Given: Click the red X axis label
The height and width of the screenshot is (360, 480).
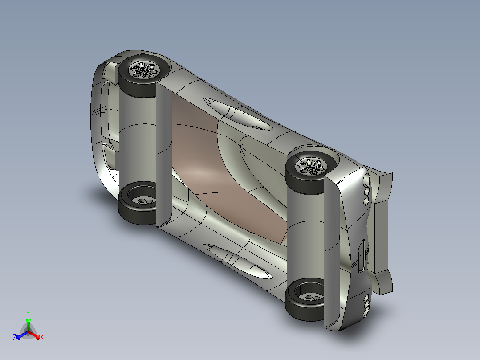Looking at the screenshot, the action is click(42, 337).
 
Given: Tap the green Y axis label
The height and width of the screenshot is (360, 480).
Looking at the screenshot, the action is click(28, 314).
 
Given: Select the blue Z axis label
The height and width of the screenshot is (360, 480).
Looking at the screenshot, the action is click(15, 337).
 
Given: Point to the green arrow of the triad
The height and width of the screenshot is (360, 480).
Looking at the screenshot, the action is click(28, 324).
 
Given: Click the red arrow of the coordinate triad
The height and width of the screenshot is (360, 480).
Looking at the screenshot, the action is click(34, 335).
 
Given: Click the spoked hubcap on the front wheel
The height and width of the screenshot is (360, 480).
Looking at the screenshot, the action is click(144, 70).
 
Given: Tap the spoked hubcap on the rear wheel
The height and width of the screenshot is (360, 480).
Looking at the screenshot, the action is click(312, 167).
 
